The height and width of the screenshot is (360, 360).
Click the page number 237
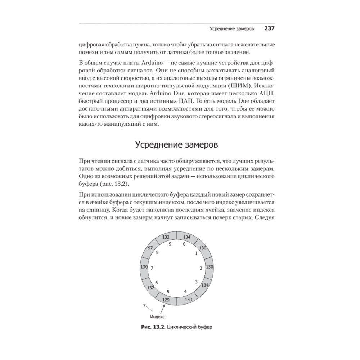click(x=270, y=28)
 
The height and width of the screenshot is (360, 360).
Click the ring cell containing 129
click(x=166, y=300)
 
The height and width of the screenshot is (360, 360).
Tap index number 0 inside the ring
click(x=184, y=244)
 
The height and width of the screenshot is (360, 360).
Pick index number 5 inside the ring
click(x=168, y=291)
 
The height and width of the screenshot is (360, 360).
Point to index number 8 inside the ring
click(x=157, y=252)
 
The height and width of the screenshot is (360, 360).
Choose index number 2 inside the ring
click(x=201, y=268)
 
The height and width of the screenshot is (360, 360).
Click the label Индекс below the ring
click(x=157, y=317)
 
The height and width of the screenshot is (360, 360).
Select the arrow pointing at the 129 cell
click(x=163, y=308)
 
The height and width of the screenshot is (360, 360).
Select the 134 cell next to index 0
click(x=186, y=237)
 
